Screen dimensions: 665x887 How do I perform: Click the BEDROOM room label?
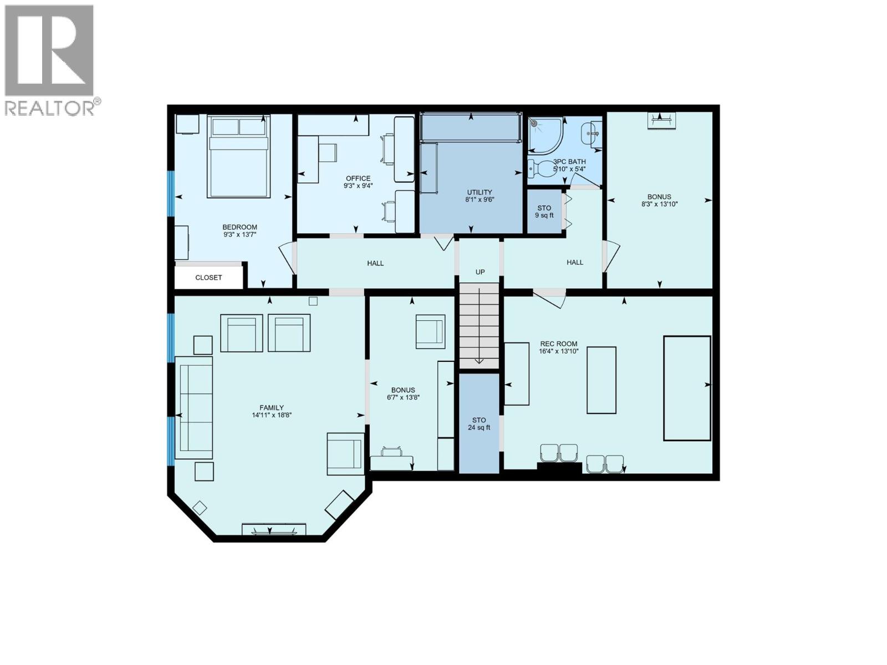pos(239,227)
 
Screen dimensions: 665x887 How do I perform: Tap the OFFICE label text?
pos(358,178)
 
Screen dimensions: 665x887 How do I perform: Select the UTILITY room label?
pos(479,192)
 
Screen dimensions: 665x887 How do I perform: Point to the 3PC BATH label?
pos(569,162)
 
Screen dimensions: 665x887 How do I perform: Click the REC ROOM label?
pos(558,344)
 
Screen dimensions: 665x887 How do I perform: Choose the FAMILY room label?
pos(272,407)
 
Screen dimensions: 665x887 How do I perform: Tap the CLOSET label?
pos(208,278)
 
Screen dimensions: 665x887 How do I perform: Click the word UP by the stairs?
pos(480,272)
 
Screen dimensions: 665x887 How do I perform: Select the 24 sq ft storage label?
pos(479,427)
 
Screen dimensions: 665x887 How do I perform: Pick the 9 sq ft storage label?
pos(544,215)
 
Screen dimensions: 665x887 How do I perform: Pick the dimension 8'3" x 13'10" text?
pos(659,204)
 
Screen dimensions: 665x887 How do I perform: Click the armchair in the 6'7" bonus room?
pos(430,331)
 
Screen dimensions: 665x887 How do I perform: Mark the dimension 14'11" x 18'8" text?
pos(272,415)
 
